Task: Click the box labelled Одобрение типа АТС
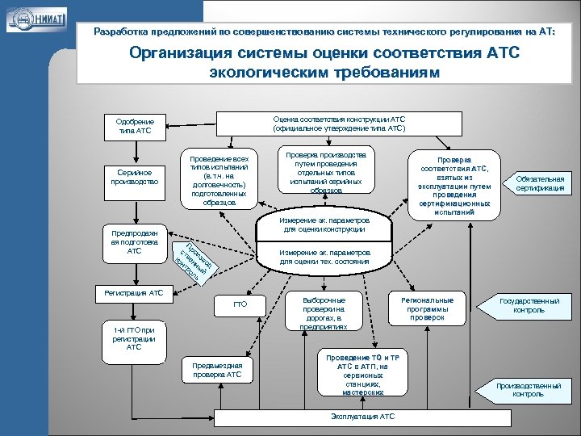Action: pos(135,126)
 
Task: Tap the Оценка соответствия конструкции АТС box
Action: pos(339,124)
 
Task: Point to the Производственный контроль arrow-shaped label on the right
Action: pos(528,390)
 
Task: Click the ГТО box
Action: pos(240,305)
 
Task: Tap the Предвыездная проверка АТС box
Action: pos(217,370)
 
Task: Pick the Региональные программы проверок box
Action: pos(427,308)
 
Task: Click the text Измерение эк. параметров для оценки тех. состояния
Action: pos(325,257)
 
